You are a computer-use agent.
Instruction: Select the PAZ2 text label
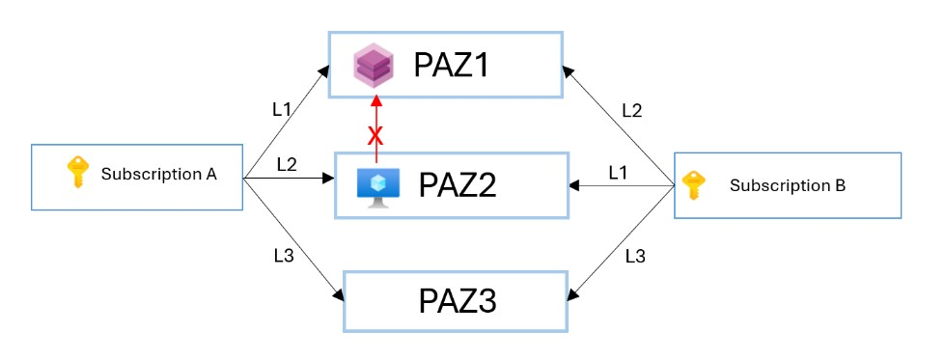tap(457, 183)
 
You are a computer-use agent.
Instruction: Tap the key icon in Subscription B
tap(694, 183)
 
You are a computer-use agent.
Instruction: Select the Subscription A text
tap(158, 175)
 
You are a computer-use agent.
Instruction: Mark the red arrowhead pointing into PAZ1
tap(376, 103)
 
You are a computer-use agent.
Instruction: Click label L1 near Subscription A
tap(282, 109)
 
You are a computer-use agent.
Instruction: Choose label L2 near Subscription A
tap(287, 164)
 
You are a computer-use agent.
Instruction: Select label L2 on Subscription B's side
tap(631, 110)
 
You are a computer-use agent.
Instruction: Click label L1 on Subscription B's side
tap(619, 172)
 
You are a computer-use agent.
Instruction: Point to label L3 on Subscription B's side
tap(635, 256)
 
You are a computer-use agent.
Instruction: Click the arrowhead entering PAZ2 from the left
tap(328, 179)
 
